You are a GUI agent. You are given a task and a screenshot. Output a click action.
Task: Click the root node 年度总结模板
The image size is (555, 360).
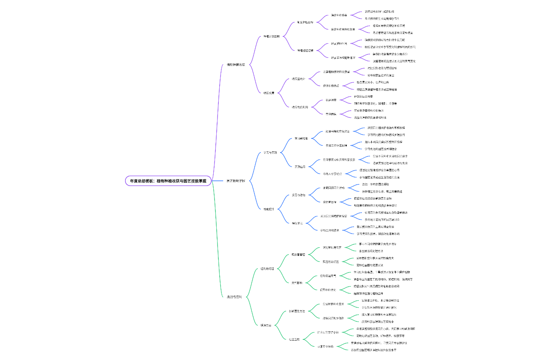pyautogui.click(x=168, y=181)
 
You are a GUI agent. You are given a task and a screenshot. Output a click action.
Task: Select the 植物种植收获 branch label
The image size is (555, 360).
pyautogui.click(x=236, y=65)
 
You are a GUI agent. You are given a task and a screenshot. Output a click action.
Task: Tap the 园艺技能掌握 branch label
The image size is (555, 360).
pyautogui.click(x=236, y=181)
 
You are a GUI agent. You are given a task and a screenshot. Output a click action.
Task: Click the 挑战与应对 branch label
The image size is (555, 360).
pyautogui.click(x=234, y=297)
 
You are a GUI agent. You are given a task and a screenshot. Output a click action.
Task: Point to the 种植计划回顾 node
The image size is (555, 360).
pyautogui.click(x=272, y=36)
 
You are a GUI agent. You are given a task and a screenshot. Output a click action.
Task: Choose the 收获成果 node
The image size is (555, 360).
pyautogui.click(x=269, y=93)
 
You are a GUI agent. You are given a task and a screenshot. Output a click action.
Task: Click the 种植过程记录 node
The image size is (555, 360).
pyautogui.click(x=305, y=50)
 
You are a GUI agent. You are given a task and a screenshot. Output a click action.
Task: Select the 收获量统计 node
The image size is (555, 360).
pyautogui.click(x=298, y=79)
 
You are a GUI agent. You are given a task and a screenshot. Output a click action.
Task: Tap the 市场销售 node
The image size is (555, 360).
pyautogui.click(x=331, y=114)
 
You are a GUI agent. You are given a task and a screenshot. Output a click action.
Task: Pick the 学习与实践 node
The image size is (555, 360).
pyautogui.click(x=270, y=153)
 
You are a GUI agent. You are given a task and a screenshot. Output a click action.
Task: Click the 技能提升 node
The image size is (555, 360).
pyautogui.click(x=269, y=209)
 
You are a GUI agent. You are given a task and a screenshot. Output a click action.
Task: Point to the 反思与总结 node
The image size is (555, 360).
pyautogui.click(x=298, y=195)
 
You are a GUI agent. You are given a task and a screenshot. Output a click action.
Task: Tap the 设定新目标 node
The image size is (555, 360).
pyautogui.click(x=330, y=202)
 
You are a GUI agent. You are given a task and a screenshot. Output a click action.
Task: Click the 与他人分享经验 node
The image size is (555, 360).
pyautogui.click(x=333, y=174)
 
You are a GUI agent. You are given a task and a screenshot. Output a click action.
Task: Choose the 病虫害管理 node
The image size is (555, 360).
pyautogui.click(x=298, y=255)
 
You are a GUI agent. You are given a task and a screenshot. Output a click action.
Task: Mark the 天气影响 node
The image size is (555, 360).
pyautogui.click(x=297, y=283)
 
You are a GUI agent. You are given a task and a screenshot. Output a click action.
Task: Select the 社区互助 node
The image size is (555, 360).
pyautogui.click(x=294, y=339)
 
